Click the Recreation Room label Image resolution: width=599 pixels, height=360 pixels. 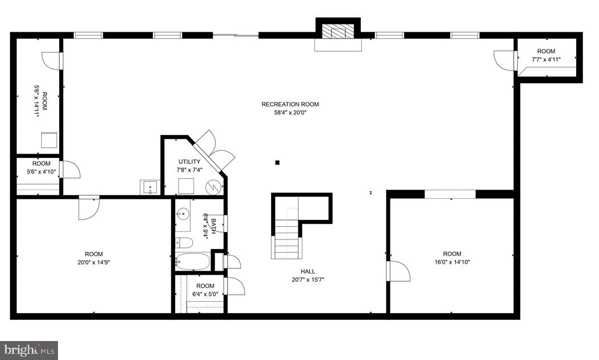(290, 104)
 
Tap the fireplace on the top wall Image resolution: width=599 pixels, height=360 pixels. (338, 34)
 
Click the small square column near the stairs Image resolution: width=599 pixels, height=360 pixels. (277, 163)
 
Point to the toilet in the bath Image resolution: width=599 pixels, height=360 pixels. (184, 243)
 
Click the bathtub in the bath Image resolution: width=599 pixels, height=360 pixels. (192, 261)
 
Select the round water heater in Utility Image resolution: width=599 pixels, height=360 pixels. (213, 187)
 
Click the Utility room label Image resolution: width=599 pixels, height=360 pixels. (189, 162)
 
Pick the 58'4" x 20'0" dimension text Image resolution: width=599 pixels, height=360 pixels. (290, 112)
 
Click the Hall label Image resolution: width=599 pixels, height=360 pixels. (308, 272)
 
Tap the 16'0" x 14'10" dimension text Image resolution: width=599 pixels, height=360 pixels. (452, 262)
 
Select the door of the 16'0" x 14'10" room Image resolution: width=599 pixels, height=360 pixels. (398, 271)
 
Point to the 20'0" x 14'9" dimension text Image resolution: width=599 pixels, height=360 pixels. (94, 262)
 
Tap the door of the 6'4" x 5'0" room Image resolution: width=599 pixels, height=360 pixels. (234, 286)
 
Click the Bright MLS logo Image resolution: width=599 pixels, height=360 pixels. (30, 351)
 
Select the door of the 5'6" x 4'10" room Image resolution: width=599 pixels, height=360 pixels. (70, 170)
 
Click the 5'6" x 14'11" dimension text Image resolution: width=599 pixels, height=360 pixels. (37, 100)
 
